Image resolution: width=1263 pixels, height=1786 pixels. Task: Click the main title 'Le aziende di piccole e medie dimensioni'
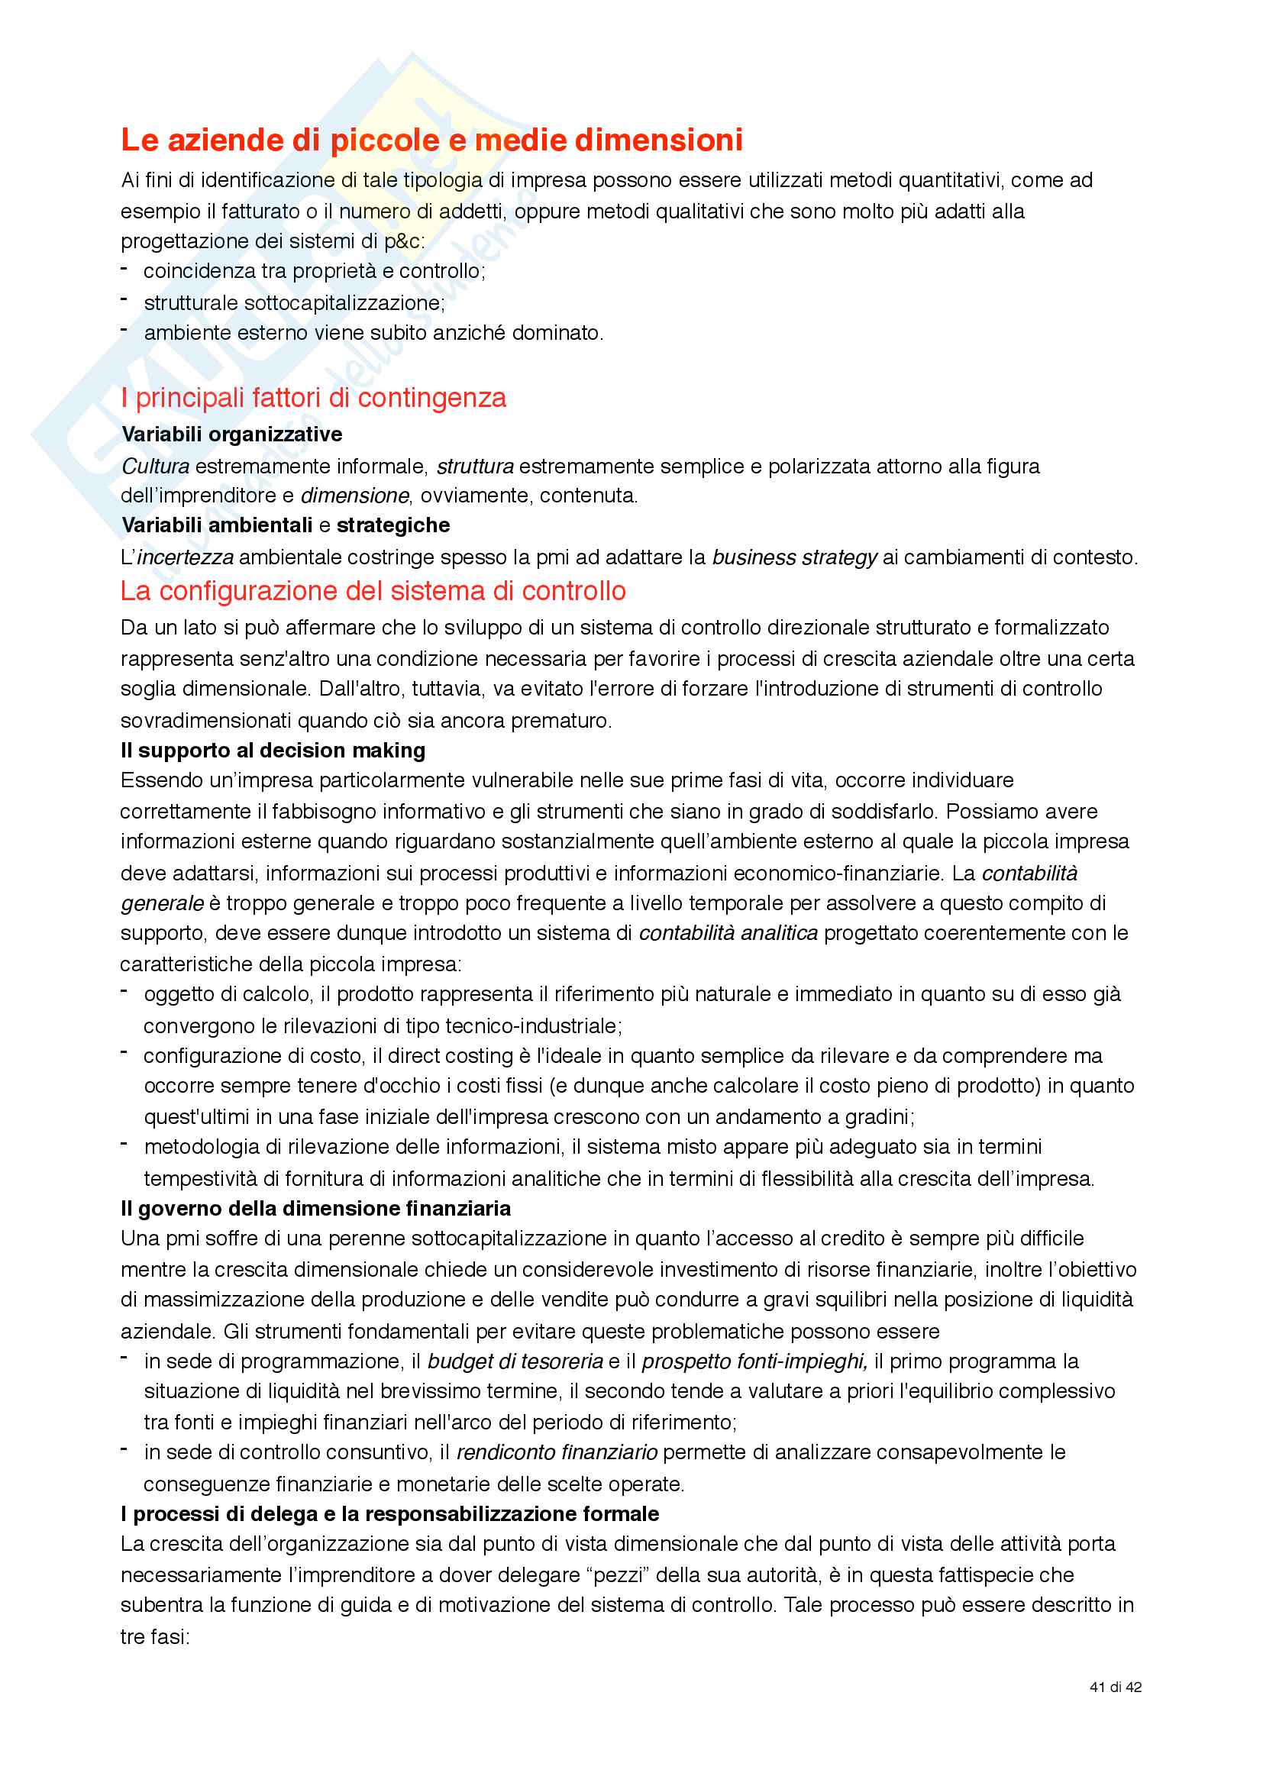tap(431, 140)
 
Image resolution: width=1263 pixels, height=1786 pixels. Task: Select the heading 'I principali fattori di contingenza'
tap(313, 399)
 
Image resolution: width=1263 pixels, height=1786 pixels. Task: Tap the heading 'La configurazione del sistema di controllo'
tap(373, 592)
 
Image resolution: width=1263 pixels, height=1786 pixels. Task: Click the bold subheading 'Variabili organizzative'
tap(232, 434)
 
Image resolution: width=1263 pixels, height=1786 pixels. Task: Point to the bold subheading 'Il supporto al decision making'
tap(273, 751)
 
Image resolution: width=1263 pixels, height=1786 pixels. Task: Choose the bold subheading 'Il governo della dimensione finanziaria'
tap(316, 1209)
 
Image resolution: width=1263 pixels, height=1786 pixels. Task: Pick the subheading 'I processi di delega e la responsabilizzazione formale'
tap(389, 1514)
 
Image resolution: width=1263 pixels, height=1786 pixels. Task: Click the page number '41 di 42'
tap(1115, 1687)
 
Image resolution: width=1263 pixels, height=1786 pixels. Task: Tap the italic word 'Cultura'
tap(156, 467)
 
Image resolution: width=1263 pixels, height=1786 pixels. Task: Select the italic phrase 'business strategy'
tap(794, 557)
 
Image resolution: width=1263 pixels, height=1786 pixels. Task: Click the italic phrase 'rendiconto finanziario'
tap(557, 1453)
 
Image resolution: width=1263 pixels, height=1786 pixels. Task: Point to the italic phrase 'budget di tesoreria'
tap(515, 1362)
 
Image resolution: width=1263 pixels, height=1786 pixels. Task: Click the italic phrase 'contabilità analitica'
tap(728, 933)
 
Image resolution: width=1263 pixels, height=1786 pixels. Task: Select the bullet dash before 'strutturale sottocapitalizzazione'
tap(124, 299)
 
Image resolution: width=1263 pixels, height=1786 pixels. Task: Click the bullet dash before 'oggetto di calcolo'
tap(124, 992)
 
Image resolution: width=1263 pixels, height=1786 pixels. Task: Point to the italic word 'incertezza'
tap(185, 557)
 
